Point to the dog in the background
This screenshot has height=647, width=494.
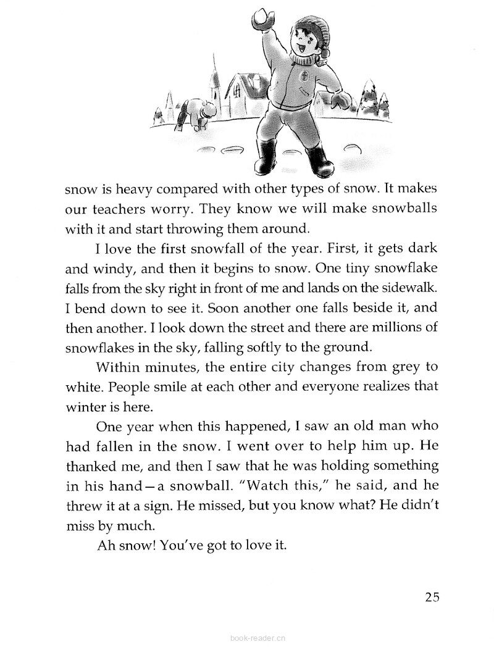[198, 112]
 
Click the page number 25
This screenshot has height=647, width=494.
[432, 597]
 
